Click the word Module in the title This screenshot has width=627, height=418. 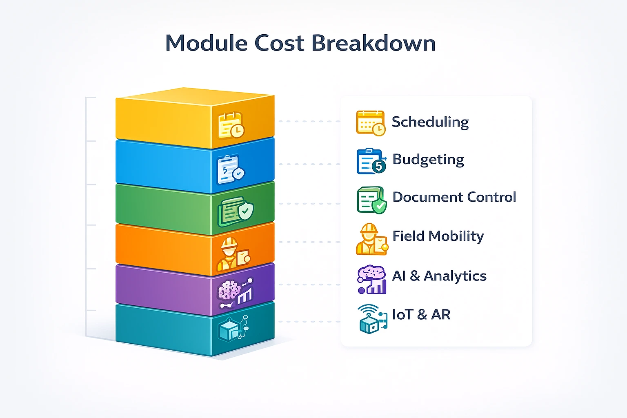pyautogui.click(x=206, y=43)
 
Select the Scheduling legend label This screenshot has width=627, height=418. pyautogui.click(x=430, y=122)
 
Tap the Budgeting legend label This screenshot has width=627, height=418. pyautogui.click(x=428, y=160)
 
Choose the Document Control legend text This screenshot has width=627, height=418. pyautogui.click(x=454, y=197)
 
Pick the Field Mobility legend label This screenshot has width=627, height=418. pyautogui.click(x=438, y=236)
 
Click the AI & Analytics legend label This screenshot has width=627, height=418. pyautogui.click(x=439, y=276)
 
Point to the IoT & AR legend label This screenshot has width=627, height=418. pyautogui.click(x=421, y=314)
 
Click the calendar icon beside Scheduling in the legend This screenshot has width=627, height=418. pyautogui.click(x=371, y=123)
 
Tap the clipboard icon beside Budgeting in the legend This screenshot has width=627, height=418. pyautogui.click(x=371, y=161)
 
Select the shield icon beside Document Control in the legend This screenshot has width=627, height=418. pyautogui.click(x=371, y=200)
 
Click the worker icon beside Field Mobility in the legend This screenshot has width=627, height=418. pyautogui.click(x=371, y=240)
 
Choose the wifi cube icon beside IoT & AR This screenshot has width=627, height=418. pyautogui.click(x=372, y=319)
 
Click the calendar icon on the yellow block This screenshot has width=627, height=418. pyautogui.click(x=231, y=125)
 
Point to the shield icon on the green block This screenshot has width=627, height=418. pyautogui.click(x=236, y=211)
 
